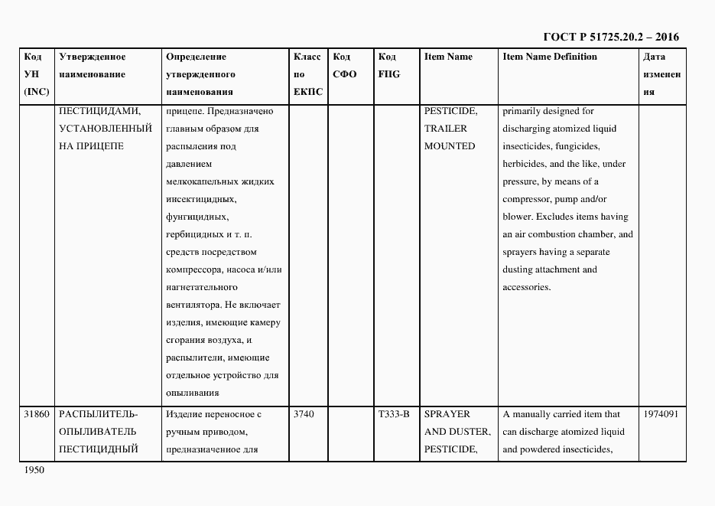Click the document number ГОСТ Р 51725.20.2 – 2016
tap(610, 37)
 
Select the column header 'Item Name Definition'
tap(550, 57)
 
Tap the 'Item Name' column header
tap(448, 57)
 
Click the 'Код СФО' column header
tap(345, 66)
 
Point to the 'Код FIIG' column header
tap(388, 66)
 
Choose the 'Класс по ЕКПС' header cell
tap(307, 74)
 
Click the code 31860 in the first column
tap(37, 414)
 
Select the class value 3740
tap(304, 414)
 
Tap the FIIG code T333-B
tap(394, 414)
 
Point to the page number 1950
tap(34, 470)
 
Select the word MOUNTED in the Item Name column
tap(450, 146)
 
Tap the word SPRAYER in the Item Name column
tap(447, 414)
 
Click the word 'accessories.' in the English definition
tap(527, 287)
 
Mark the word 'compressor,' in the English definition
tap(528, 199)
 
